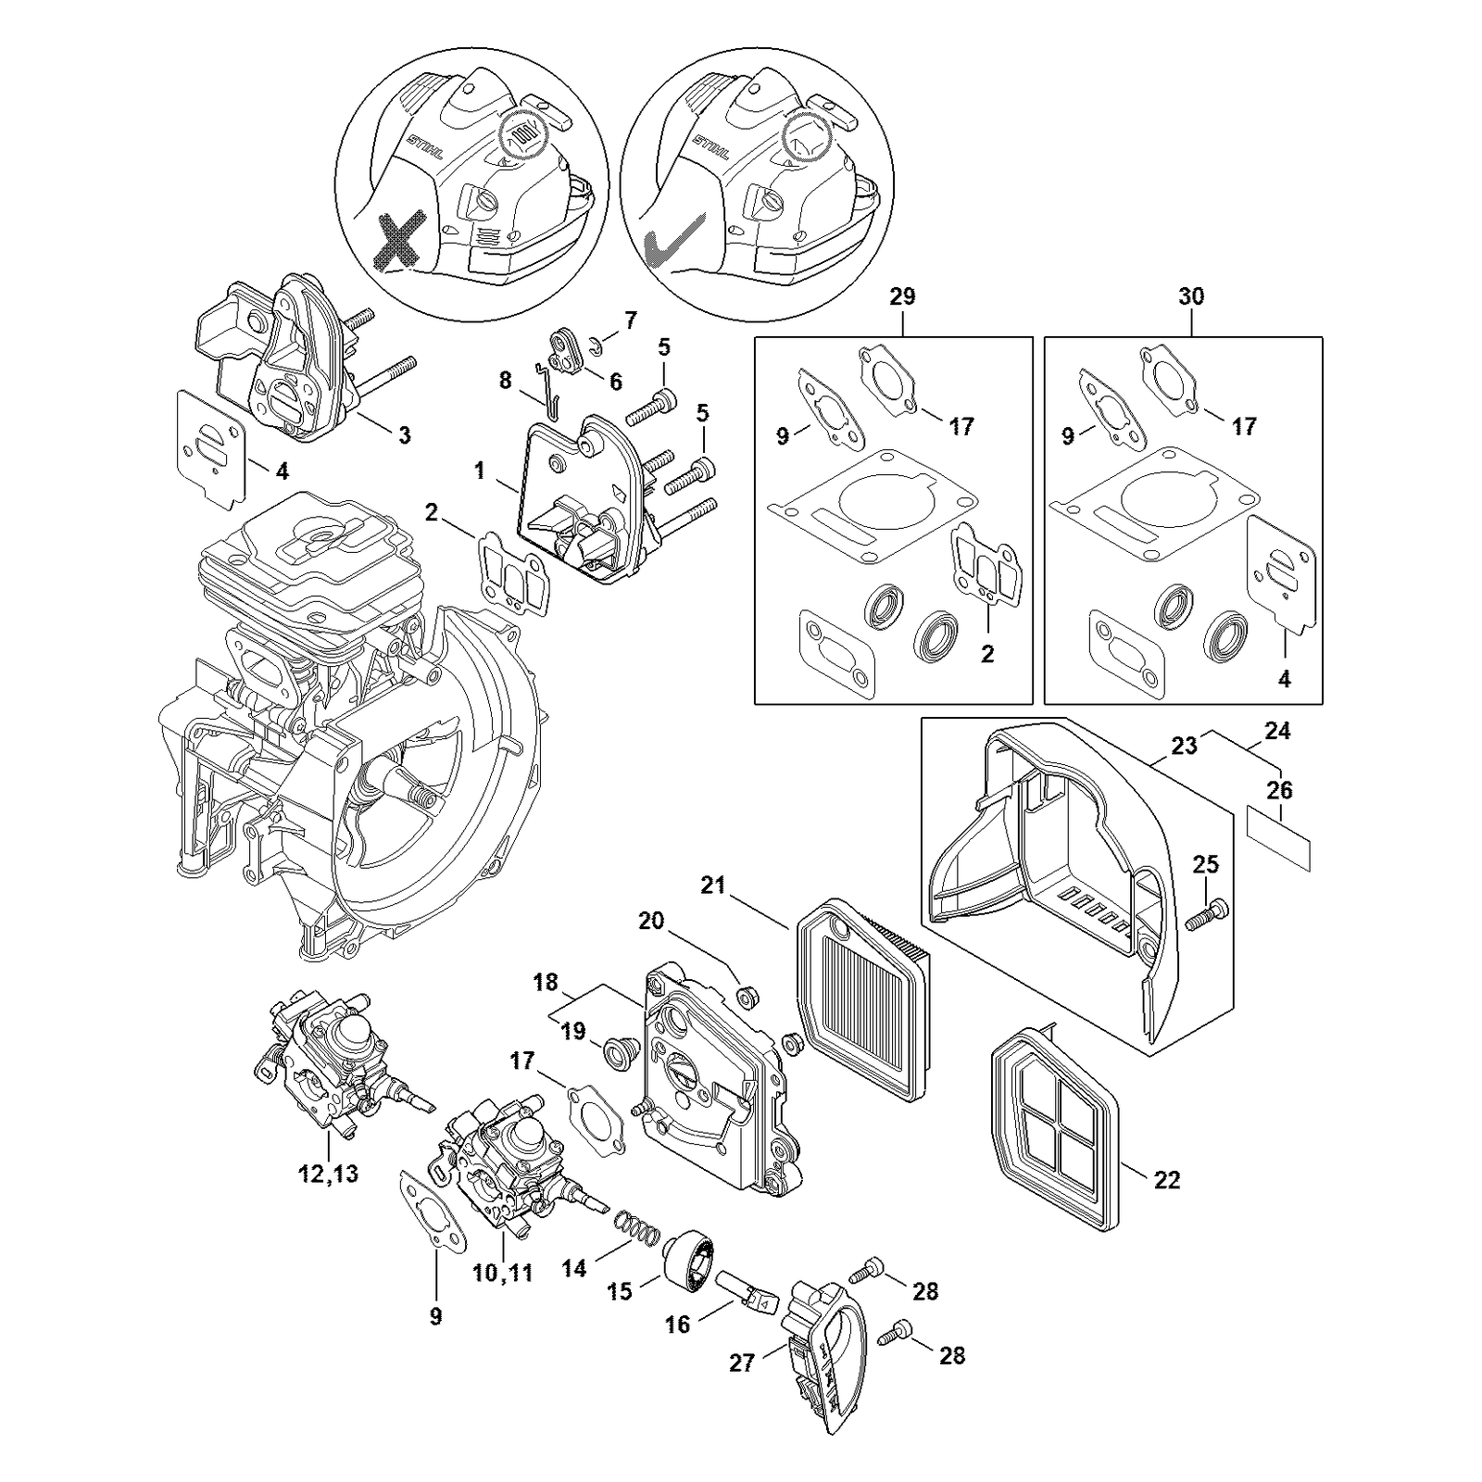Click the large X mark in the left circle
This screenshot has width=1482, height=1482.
click(400, 240)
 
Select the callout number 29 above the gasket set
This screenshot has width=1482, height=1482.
click(902, 296)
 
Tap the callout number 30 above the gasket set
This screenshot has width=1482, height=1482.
click(1191, 296)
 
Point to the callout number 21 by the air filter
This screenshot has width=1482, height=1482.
click(712, 885)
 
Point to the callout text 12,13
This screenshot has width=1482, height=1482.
click(328, 1174)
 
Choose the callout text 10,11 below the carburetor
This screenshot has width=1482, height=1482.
click(503, 1273)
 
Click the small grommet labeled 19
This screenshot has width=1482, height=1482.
click(615, 1053)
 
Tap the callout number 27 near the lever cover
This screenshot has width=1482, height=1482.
click(742, 1363)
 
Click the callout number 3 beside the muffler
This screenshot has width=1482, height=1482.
click(404, 435)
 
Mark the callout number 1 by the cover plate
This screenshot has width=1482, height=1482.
click(480, 471)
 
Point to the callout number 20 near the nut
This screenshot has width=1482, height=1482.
click(652, 921)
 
